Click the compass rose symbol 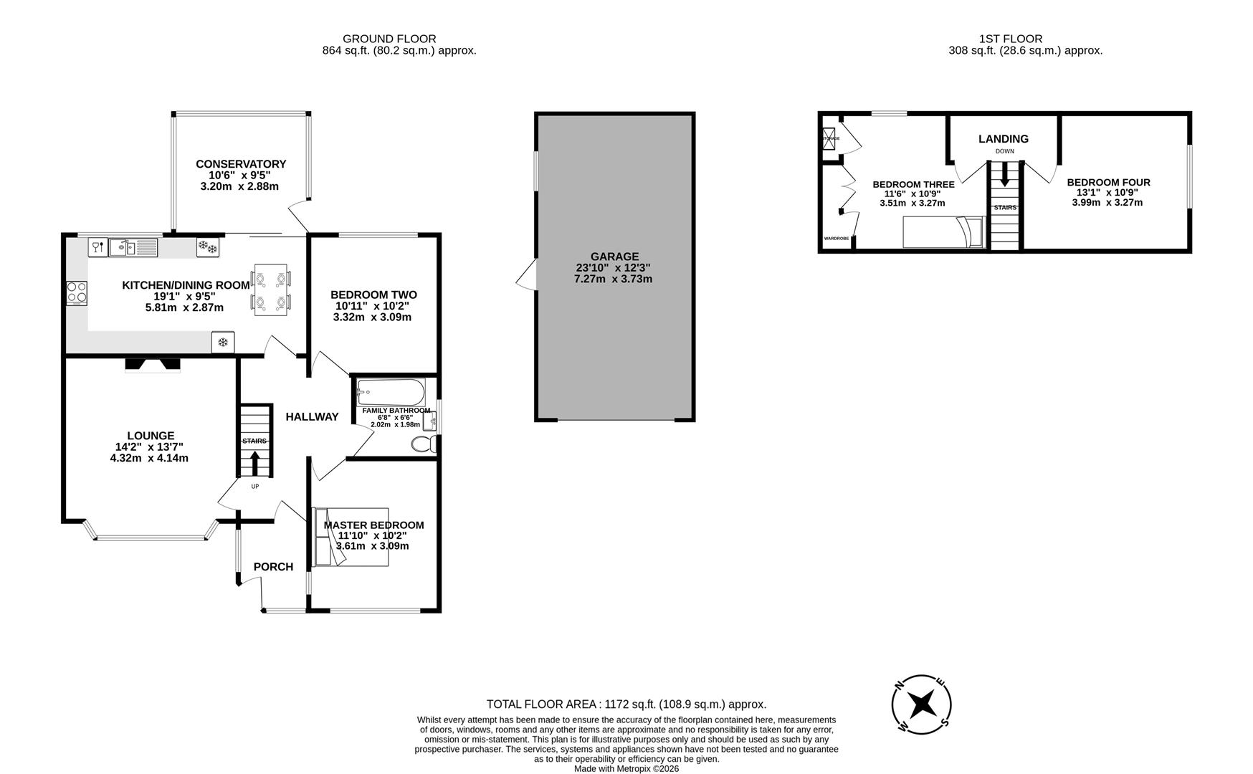click(x=922, y=704)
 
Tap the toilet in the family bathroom click(x=424, y=445)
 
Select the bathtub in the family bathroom click(x=391, y=392)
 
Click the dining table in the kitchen click(x=272, y=290)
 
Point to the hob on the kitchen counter click(x=77, y=292)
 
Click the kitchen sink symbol click(x=133, y=248)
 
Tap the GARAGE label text click(x=614, y=257)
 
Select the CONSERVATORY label click(x=241, y=164)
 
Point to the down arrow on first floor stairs click(x=1004, y=174)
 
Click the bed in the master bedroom click(x=351, y=537)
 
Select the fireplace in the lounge click(x=153, y=365)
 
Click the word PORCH click(x=273, y=567)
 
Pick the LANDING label click(x=1003, y=139)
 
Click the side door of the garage click(x=528, y=275)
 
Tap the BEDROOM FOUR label click(x=1107, y=183)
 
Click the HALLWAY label click(x=312, y=417)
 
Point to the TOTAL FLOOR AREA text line click(x=626, y=704)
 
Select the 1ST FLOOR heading click(x=1010, y=39)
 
